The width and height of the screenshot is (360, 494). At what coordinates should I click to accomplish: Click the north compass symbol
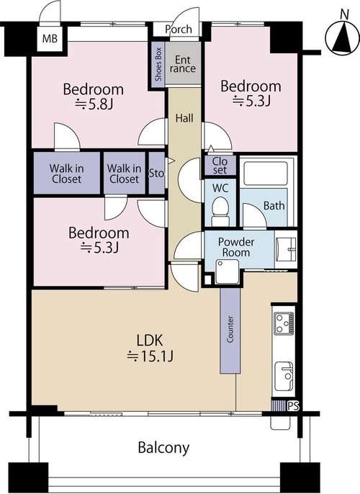tap(343, 37)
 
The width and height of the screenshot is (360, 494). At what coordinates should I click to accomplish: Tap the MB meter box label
tap(50, 39)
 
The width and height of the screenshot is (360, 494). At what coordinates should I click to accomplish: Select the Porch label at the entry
tap(179, 30)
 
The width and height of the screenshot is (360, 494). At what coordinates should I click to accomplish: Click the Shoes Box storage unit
tap(158, 64)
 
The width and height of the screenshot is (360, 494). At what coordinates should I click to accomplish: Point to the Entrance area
tap(183, 63)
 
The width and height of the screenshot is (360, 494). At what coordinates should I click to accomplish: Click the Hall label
tap(184, 118)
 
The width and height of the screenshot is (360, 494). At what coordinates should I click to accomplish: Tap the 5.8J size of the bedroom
tap(94, 104)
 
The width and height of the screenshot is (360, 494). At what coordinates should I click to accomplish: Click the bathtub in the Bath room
tap(266, 174)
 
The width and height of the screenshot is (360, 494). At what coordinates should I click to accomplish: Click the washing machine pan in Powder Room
tap(227, 271)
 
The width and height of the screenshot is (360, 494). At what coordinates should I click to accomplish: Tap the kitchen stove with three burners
tap(284, 323)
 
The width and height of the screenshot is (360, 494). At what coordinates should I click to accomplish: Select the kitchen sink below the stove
tap(284, 377)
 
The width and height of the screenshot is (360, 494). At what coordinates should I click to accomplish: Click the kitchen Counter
tap(230, 330)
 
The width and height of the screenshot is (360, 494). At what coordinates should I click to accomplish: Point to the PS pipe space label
tap(293, 406)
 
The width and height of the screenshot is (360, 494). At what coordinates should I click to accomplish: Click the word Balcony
tap(163, 448)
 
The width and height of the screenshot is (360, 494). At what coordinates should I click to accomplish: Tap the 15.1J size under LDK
tap(150, 356)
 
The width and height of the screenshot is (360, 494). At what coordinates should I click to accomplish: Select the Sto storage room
tap(156, 173)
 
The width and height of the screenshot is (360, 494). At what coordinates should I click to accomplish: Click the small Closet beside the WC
tap(220, 166)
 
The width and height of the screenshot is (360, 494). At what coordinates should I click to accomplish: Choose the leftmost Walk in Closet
tap(67, 173)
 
